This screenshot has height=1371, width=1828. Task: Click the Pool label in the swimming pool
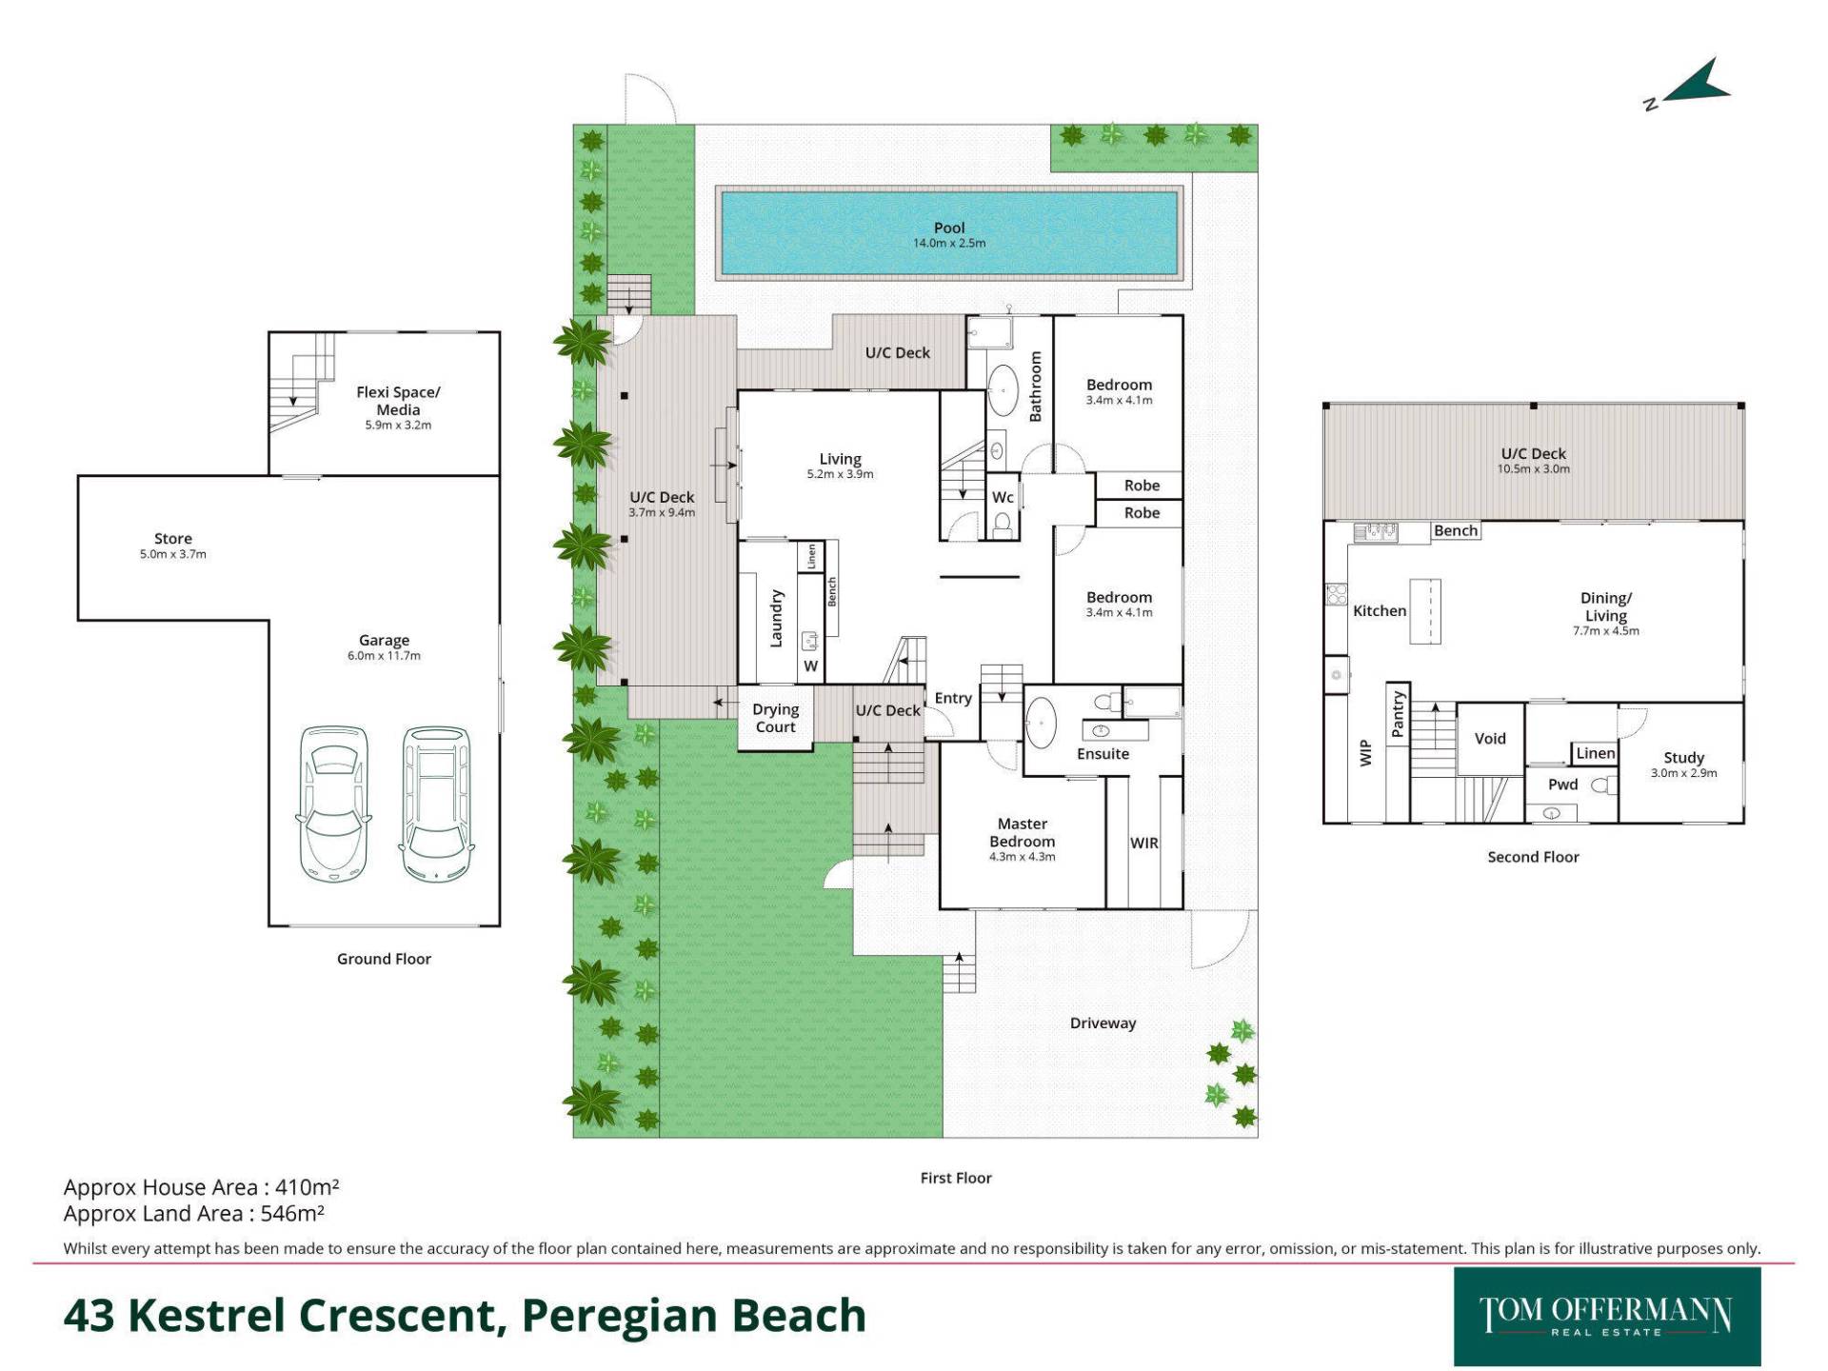coord(948,228)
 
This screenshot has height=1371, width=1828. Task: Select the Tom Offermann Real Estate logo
coord(1606,1316)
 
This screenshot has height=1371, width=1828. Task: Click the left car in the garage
coord(333,805)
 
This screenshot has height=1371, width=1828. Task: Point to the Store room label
coord(172,539)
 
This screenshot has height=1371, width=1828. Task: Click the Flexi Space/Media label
coord(398,401)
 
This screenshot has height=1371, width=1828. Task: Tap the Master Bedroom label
coord(1022,832)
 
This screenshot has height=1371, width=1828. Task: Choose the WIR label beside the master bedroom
coord(1143,843)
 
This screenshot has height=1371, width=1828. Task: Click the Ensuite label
coord(1103,754)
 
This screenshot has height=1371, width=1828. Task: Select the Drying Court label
coord(775,718)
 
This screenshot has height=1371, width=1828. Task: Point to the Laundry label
coord(776,618)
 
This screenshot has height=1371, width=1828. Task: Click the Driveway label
coord(1103,1023)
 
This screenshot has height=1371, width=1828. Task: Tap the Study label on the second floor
coord(1683,758)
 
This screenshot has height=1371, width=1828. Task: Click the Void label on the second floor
coord(1490,739)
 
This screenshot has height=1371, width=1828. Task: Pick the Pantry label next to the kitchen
coord(1398,714)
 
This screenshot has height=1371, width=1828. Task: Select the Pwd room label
coord(1562,785)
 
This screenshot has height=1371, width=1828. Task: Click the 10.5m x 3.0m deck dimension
coord(1533,468)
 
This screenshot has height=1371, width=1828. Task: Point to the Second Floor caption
coord(1533,857)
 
